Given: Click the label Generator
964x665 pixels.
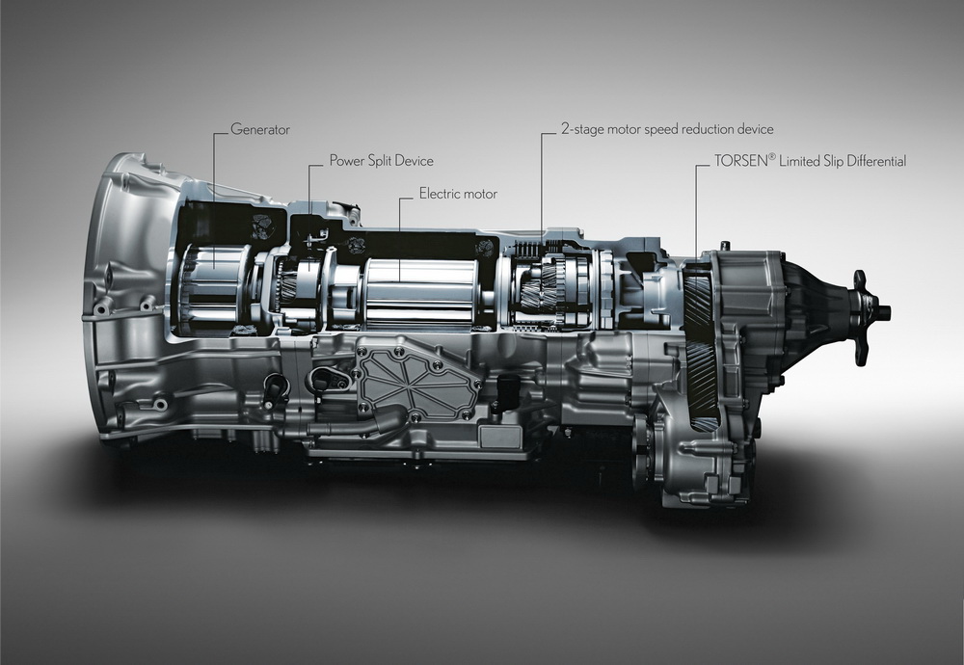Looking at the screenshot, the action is pyautogui.click(x=260, y=130).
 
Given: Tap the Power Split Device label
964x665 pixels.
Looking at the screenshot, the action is pyautogui.click(x=381, y=161).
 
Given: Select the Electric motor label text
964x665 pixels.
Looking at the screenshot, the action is pyautogui.click(x=458, y=194).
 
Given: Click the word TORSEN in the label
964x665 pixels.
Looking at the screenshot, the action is pyautogui.click(x=740, y=161).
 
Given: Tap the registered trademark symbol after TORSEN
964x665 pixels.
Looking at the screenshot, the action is pyautogui.click(x=772, y=157).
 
